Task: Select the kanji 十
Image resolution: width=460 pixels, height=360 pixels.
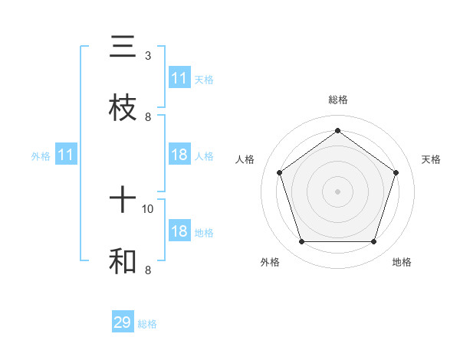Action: point(123,201)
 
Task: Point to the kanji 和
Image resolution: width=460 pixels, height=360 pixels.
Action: point(123,261)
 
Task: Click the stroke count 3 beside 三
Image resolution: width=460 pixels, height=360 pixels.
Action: point(147,56)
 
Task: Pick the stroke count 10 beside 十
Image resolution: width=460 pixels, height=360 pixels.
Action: point(148,208)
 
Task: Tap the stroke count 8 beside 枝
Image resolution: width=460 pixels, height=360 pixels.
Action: point(148,116)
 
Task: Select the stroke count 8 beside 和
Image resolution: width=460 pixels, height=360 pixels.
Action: point(147,270)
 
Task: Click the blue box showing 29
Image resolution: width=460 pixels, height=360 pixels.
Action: point(123,322)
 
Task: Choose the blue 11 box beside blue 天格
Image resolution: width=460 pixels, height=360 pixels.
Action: point(179,78)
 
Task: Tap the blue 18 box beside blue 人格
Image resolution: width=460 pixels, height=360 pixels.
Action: point(179,155)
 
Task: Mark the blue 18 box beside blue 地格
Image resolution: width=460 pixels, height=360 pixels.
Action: point(179,231)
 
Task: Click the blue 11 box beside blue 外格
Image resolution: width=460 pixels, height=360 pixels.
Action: point(66,155)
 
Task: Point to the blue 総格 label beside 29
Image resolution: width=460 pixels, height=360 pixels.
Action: point(148,324)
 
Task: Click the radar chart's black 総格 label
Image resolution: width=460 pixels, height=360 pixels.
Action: point(337,100)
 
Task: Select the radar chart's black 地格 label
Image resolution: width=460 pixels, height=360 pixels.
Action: point(402,262)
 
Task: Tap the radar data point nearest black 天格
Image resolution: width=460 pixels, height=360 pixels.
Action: point(396,172)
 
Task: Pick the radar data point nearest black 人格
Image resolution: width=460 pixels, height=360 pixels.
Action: point(279,172)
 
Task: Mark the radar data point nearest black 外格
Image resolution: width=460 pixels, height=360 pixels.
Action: point(301,242)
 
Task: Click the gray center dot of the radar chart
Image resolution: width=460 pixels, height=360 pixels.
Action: point(337,191)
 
